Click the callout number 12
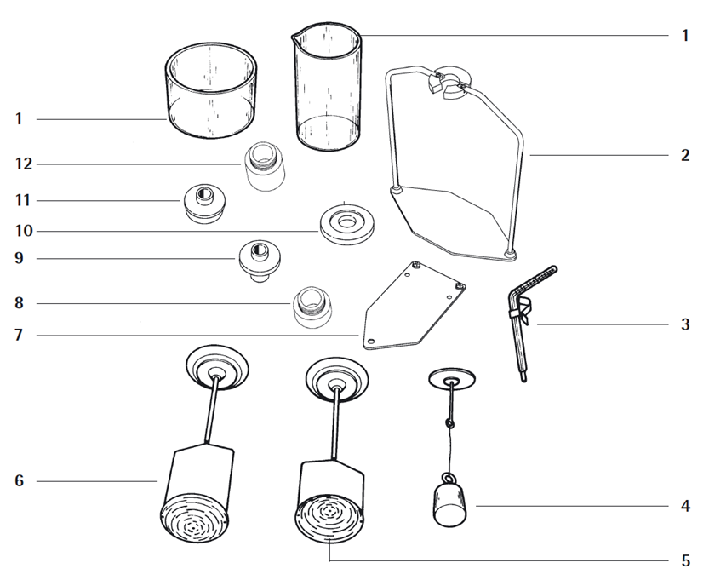pyautogui.click(x=24, y=164)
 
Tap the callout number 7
pyautogui.click(x=19, y=336)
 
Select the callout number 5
pyautogui.click(x=685, y=561)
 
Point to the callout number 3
pyautogui.click(x=685, y=324)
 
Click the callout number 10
pyautogui.click(x=24, y=231)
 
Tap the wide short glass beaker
pyautogui.click(x=211, y=90)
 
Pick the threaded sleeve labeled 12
pyautogui.click(x=266, y=165)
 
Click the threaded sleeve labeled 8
pyautogui.click(x=312, y=307)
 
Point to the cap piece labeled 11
pyautogui.click(x=204, y=204)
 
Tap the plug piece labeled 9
pyautogui.click(x=260, y=261)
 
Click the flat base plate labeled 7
pyautogui.click(x=415, y=307)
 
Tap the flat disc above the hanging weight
pyautogui.click(x=452, y=378)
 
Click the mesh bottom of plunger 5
pyautogui.click(x=329, y=517)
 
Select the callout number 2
pyautogui.click(x=685, y=155)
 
